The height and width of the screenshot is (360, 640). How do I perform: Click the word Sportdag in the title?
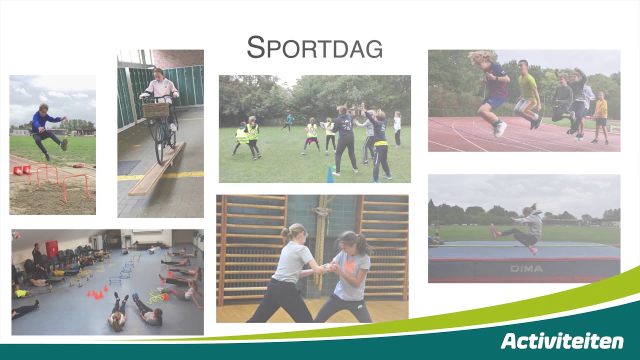pyautogui.click(x=314, y=47)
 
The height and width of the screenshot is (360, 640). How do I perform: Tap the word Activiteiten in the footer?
pyautogui.click(x=562, y=341)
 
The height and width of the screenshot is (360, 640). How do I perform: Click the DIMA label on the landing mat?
pyautogui.click(x=526, y=269)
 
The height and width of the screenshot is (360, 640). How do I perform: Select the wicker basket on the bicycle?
pyautogui.click(x=155, y=109)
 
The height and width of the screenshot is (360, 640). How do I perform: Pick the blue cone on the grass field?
pyautogui.click(x=330, y=176)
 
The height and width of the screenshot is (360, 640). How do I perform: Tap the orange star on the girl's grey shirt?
pyautogui.click(x=350, y=266)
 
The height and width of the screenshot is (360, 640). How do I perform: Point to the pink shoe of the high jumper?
pyautogui.click(x=494, y=231)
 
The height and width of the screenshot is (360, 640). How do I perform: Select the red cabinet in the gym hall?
pyautogui.click(x=51, y=249)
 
